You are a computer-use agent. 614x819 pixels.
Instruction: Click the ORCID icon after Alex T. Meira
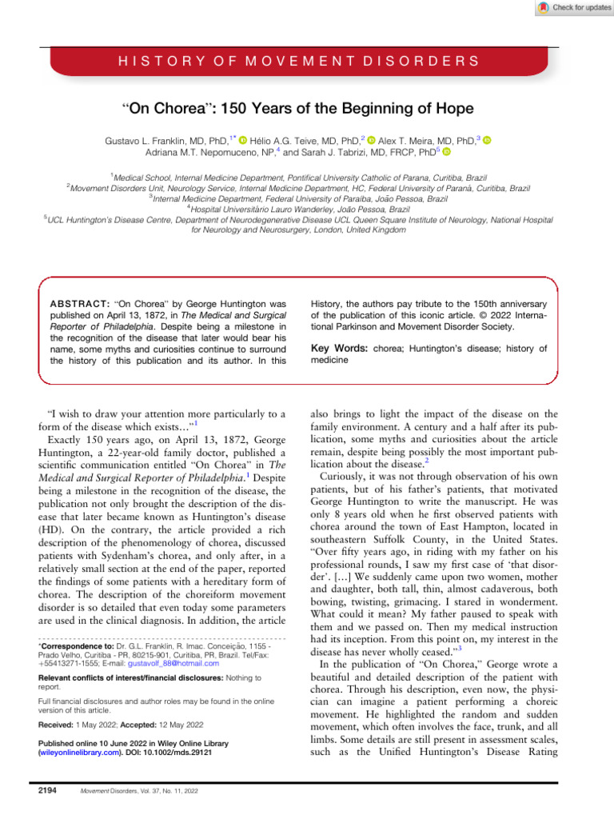coord(485,141)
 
